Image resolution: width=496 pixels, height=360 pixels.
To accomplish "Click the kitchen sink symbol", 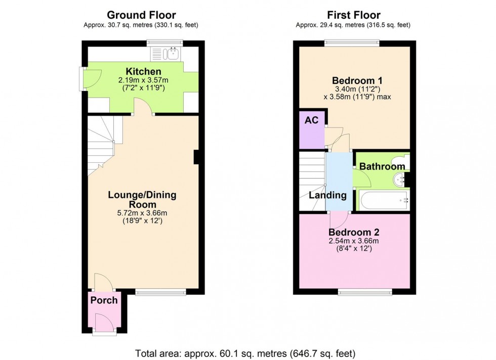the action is tap(165, 54).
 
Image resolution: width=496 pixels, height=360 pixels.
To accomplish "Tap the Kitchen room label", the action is tap(143, 71).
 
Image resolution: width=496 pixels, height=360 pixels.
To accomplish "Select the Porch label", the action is tap(104, 300).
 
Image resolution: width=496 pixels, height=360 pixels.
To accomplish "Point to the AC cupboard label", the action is tap(311, 120).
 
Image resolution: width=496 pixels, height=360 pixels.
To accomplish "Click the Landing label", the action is tap(328, 195).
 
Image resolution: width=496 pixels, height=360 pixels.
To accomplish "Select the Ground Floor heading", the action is tap(141, 15).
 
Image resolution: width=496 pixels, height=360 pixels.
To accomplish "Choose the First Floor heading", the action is tap(354, 15).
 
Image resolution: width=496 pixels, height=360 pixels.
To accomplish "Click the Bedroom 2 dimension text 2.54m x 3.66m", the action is tap(354, 241).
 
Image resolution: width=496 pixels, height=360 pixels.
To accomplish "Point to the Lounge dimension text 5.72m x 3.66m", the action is tap(142, 213).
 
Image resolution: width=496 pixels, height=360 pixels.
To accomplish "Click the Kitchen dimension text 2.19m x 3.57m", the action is tap(143, 80).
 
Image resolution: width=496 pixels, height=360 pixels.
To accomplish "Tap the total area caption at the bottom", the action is tap(245, 353).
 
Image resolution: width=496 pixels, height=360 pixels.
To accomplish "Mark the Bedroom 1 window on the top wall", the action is tap(351, 43).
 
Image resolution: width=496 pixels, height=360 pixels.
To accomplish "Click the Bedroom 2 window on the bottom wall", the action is tap(365, 292).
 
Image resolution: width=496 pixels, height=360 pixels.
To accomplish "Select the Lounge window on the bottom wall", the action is tap(161, 292).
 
